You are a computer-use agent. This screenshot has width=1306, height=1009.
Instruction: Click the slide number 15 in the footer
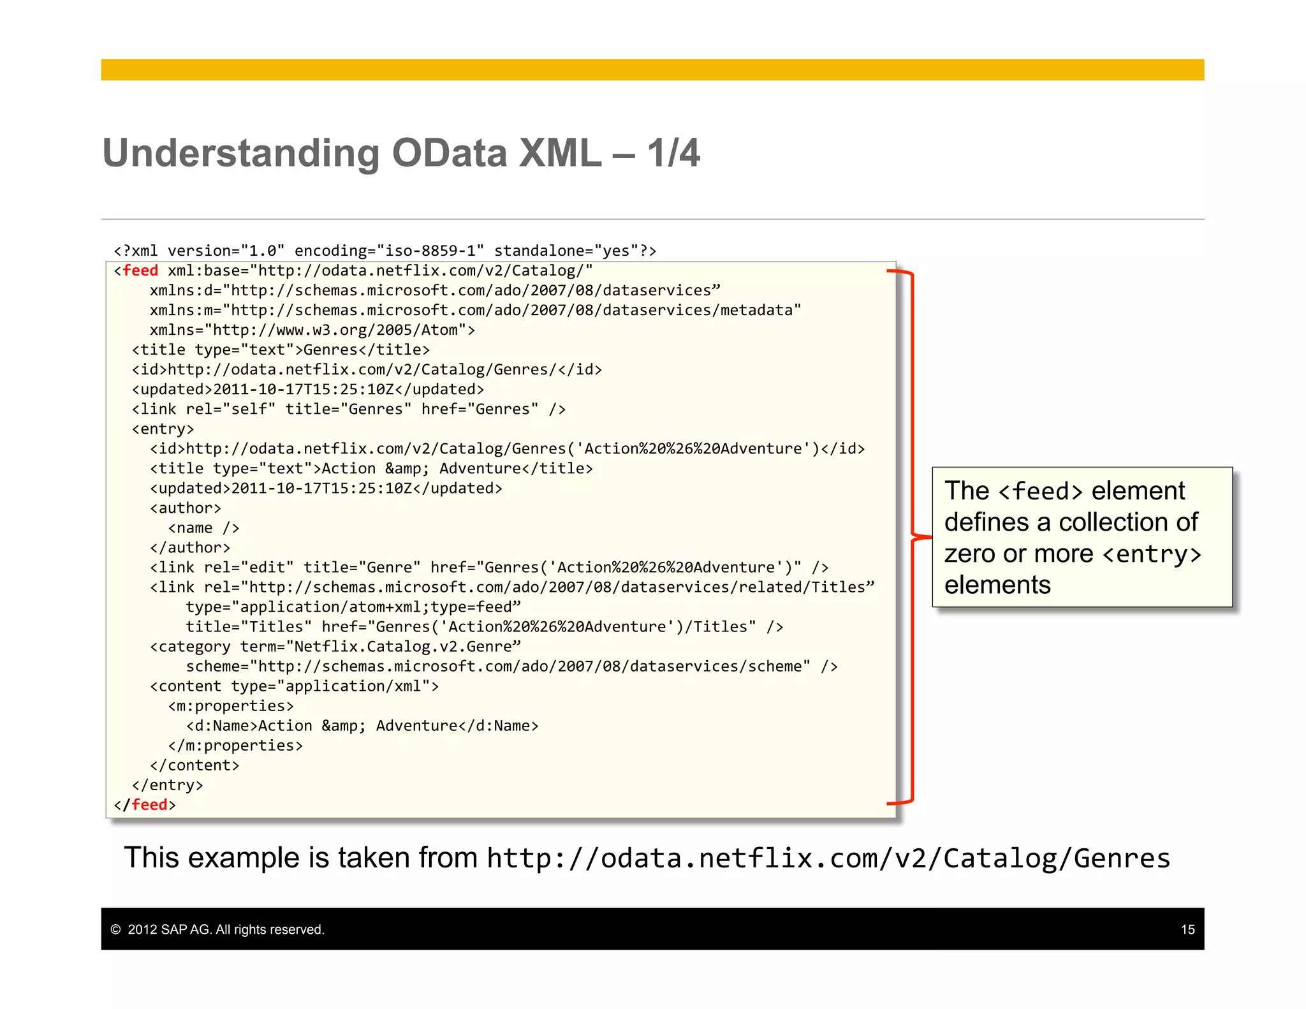[x=1187, y=929]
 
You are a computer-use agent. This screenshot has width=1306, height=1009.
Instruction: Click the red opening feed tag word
[x=140, y=270]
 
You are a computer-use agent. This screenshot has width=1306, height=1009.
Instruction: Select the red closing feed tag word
[x=149, y=805]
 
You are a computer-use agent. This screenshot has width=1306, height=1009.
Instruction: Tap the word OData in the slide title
[x=450, y=153]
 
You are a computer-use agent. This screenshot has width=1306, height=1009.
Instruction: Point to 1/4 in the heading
[x=673, y=153]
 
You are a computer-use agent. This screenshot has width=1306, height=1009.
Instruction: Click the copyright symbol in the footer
[x=115, y=929]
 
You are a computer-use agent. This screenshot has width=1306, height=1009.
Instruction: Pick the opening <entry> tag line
[x=163, y=429]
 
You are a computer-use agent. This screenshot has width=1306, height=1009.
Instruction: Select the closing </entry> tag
[x=167, y=785]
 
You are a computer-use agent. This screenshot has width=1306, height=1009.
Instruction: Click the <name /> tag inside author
[x=203, y=528]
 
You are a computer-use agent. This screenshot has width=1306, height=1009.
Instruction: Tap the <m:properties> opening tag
[x=231, y=706]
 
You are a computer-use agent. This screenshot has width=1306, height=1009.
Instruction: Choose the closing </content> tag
[x=194, y=765]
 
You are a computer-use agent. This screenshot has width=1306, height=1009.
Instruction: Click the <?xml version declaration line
[x=385, y=251]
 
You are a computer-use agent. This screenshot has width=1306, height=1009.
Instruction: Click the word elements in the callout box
[x=997, y=585]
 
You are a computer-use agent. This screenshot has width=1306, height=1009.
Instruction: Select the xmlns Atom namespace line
[x=312, y=330]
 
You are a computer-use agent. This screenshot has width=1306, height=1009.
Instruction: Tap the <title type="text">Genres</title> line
[x=281, y=350]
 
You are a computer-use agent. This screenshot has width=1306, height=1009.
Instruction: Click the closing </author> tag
[x=190, y=548]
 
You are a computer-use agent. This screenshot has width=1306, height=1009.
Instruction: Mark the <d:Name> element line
[x=362, y=726]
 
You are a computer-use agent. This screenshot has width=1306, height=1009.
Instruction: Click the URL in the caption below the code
[x=828, y=858]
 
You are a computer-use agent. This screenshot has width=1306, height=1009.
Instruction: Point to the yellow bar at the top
[x=652, y=70]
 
